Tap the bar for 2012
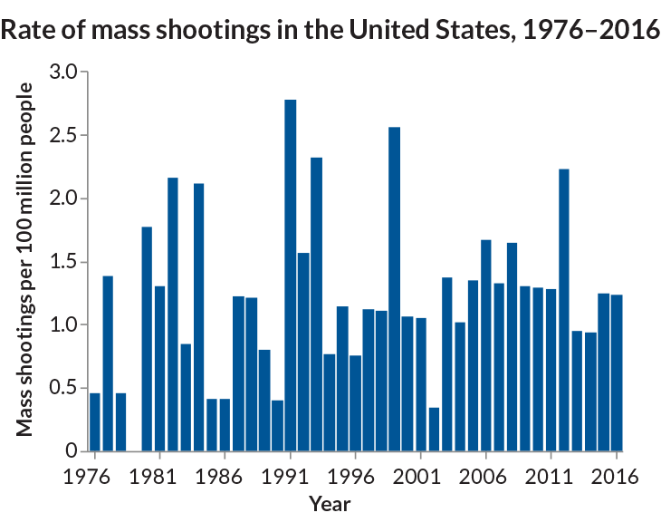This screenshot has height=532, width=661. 564,309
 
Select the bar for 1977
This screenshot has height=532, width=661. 108,363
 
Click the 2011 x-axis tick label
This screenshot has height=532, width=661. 543,476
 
